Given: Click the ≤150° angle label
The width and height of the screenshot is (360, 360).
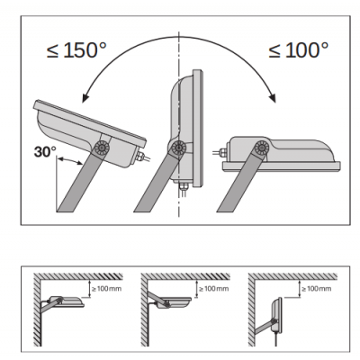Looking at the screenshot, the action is point(76,49).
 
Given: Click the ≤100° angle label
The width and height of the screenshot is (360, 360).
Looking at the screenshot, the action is point(299,49).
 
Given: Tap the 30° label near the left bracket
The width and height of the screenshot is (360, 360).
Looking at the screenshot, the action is point(45,152).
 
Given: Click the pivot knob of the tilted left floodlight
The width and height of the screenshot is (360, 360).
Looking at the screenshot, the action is point(100,148).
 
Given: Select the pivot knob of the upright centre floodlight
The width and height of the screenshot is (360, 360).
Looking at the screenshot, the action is point(178,148).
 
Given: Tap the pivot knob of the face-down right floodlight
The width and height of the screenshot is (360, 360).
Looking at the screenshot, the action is point(261,148).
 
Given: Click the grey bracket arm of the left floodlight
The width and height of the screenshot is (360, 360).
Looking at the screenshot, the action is point(79,180).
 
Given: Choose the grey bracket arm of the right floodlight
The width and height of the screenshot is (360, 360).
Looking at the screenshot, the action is point(240,180).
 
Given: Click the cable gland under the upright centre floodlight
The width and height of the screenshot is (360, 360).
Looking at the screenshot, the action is point(184,186).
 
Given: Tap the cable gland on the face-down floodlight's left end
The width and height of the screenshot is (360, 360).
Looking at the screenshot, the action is point(222,152).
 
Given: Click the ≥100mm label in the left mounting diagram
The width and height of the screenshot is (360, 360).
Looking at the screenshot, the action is point(107,289).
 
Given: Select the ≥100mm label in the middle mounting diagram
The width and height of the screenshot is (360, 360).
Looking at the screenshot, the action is point(214,289).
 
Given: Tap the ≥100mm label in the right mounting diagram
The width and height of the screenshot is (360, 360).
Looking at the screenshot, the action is point(317,289).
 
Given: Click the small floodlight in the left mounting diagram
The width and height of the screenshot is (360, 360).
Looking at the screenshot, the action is point(66,301).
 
